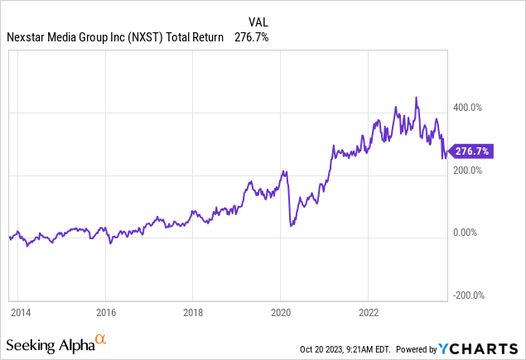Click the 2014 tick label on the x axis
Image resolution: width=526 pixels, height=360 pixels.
click(x=20, y=313)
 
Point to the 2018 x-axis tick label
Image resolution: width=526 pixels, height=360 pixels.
click(x=192, y=313)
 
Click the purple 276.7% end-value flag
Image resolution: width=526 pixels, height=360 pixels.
click(x=473, y=151)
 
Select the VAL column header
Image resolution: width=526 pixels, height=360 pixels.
click(x=258, y=22)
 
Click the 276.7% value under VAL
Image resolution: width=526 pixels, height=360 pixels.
click(x=251, y=37)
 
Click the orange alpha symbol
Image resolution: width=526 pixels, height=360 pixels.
click(x=101, y=338)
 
